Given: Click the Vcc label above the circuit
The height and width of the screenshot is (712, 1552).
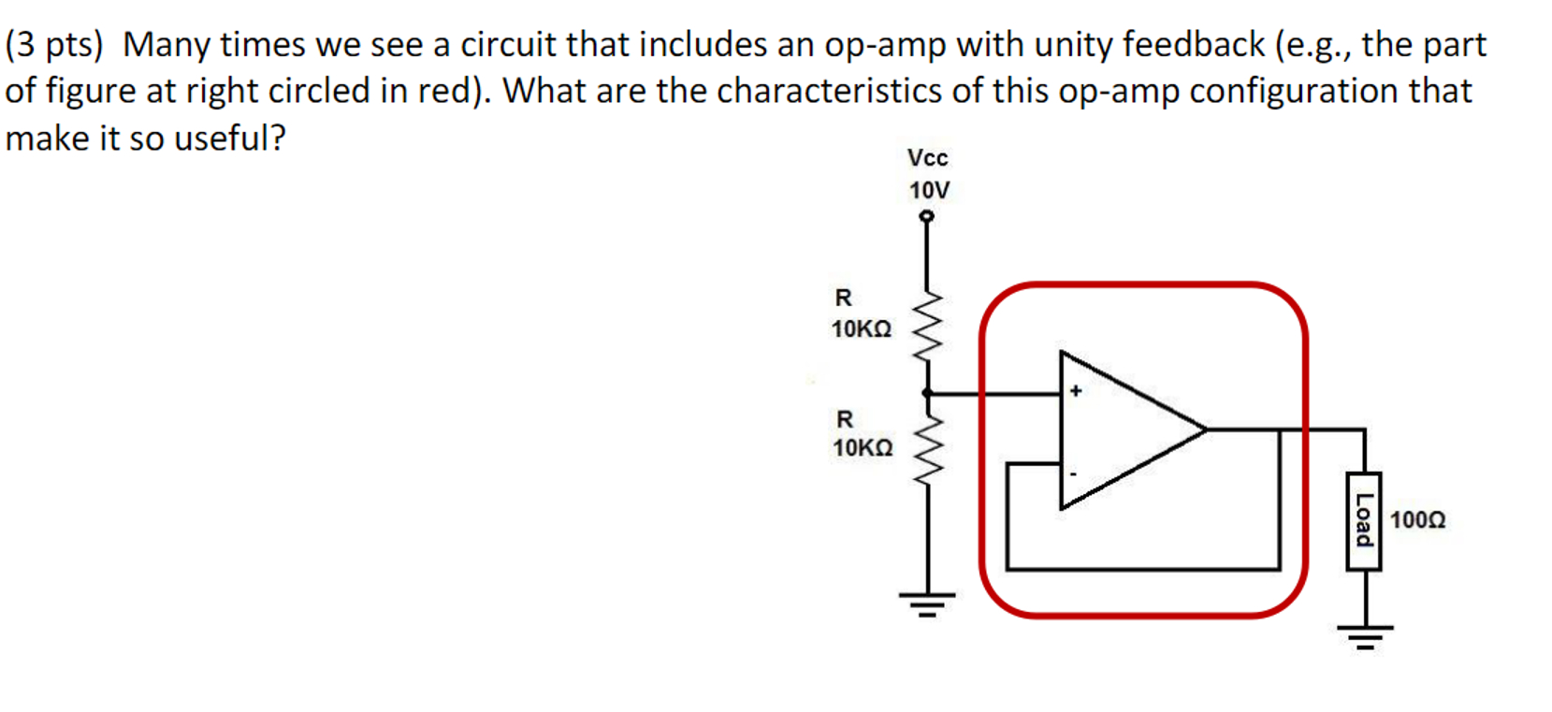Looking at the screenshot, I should coord(927,158).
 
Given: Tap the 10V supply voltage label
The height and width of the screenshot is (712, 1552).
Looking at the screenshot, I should coord(929,191).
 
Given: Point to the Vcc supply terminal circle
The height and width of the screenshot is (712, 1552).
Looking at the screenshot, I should coord(926,216).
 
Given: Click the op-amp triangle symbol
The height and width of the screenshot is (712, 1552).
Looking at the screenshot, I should coord(1123,430).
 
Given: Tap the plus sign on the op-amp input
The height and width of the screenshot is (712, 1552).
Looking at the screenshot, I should coord(1076,391).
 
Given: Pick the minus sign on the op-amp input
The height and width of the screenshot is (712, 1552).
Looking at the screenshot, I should coord(1073,474).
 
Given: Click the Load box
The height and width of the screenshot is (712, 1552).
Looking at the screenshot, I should coord(1364,520).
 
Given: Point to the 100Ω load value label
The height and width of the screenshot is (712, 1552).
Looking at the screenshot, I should coord(1417,520).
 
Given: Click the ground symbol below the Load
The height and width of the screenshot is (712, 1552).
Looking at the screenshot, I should coord(1365,635).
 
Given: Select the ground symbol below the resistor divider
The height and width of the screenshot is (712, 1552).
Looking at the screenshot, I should coord(927,603).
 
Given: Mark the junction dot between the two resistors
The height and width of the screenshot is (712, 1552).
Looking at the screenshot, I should coord(926,394).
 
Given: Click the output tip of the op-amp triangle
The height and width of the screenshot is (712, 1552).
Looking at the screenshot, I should coord(1205,429).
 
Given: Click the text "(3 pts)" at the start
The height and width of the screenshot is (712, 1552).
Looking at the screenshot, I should coord(54,45).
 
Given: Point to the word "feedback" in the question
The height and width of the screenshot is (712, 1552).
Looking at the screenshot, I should coord(1193,45).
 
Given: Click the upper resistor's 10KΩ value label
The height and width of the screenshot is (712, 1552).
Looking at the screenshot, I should coord(862,329).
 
